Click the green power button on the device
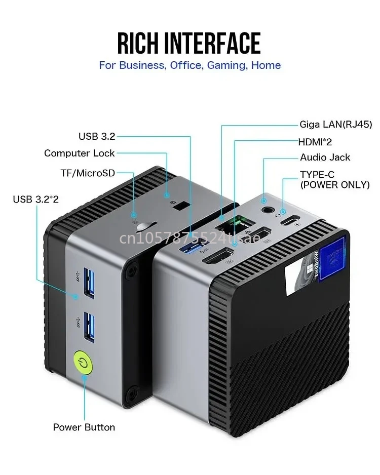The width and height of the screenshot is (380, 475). point(82,362)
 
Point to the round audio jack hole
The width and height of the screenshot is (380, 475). point(265,208)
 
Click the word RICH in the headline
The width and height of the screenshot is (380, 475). point(144,44)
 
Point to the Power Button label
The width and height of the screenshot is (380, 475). point(84,427)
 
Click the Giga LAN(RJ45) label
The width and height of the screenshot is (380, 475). point(335,124)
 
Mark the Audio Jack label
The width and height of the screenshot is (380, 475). point(325,157)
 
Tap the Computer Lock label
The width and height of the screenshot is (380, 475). point(80,153)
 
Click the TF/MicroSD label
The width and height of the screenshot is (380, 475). point(88,173)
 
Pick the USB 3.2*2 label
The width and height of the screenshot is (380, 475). point(36,199)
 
